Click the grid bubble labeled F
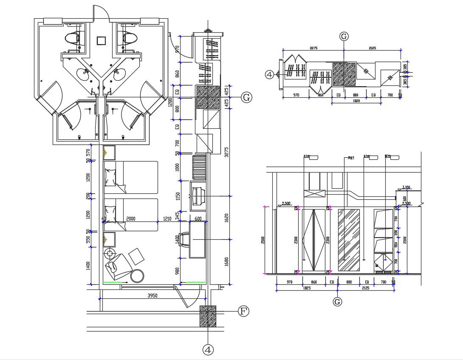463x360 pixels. (243, 311)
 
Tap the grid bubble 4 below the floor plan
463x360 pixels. (208, 349)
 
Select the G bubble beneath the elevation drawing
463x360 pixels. (337, 301)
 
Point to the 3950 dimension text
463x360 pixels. (152, 295)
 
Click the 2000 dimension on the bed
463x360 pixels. (130, 218)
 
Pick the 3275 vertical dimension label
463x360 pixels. (226, 152)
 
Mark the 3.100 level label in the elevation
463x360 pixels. (406, 187)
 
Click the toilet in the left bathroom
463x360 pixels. (72, 37)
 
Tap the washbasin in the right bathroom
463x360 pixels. (119, 74)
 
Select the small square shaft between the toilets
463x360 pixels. (101, 40)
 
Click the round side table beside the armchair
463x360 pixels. (137, 275)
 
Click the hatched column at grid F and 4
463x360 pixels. (208, 316)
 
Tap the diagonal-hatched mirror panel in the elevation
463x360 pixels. (349, 240)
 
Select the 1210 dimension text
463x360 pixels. (167, 218)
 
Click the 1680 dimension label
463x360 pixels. (226, 260)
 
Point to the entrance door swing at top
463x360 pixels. (102, 13)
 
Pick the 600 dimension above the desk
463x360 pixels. (198, 218)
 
